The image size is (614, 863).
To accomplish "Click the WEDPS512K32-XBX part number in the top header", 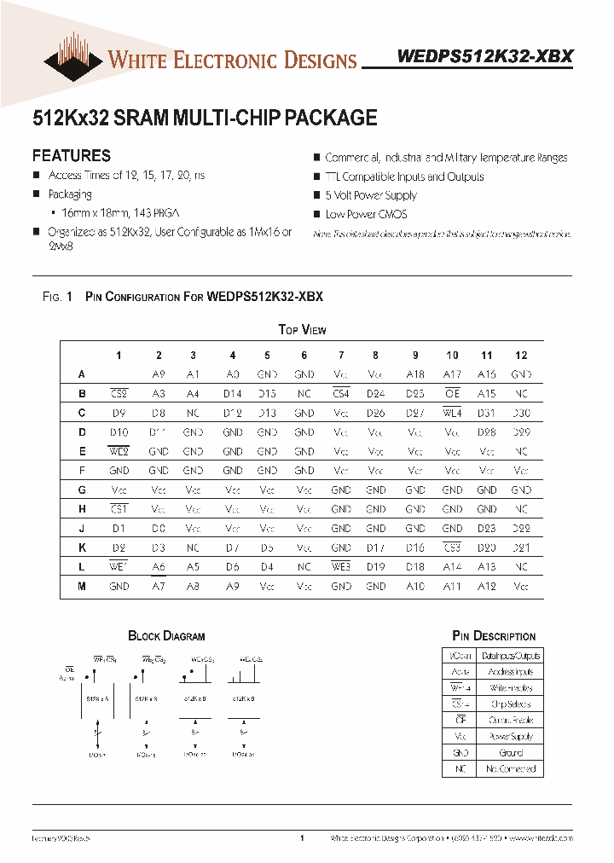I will click(x=485, y=56).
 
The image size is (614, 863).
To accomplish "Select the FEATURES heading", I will click(x=71, y=156).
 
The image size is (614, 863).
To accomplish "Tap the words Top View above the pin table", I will click(x=302, y=330).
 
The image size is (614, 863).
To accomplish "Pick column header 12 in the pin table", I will click(x=521, y=356).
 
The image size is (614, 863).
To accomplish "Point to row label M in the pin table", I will click(x=82, y=587).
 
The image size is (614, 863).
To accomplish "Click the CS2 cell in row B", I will click(x=119, y=394).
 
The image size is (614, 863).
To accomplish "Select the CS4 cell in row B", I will click(x=341, y=394).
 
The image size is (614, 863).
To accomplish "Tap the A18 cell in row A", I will click(x=415, y=374).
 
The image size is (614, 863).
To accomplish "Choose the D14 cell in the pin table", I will click(x=233, y=394).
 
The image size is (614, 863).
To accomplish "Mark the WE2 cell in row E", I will click(x=119, y=452).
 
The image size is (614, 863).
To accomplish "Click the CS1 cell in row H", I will click(x=119, y=509).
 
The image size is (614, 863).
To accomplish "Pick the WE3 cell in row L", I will click(x=341, y=567).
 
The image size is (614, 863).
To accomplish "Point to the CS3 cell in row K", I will click(x=452, y=547).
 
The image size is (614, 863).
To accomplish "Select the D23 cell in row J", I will click(x=487, y=529).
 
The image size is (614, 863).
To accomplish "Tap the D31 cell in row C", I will click(x=487, y=414).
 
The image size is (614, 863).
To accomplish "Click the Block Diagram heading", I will click(x=166, y=636).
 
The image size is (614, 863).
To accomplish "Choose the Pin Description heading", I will click(x=494, y=636).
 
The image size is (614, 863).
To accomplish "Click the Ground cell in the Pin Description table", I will click(x=511, y=753).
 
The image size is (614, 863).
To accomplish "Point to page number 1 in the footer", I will click(x=302, y=839).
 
